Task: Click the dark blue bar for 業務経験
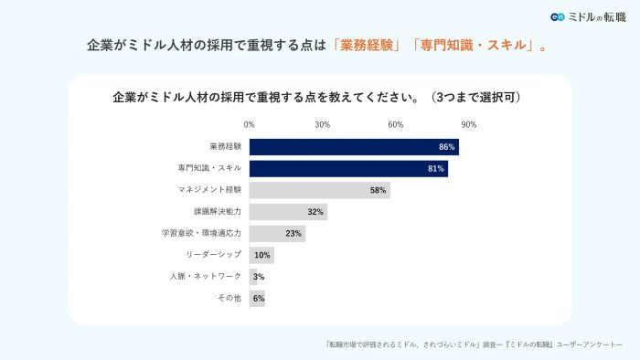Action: (353, 147)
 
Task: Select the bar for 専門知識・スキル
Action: (347, 169)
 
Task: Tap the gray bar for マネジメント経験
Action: (319, 190)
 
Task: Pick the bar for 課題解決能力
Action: (288, 212)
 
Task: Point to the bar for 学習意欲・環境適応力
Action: (276, 234)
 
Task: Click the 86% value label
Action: (446, 147)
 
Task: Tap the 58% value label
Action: (378, 190)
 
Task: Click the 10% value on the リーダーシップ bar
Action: (262, 255)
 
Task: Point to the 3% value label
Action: (259, 277)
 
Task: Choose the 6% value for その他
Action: (259, 299)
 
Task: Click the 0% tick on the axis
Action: (249, 124)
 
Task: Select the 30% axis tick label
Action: (322, 124)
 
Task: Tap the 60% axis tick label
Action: (395, 124)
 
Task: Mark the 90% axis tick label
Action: (468, 124)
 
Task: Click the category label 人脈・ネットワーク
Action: (205, 277)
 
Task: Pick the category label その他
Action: (229, 299)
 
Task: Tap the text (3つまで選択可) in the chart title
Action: (479, 96)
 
